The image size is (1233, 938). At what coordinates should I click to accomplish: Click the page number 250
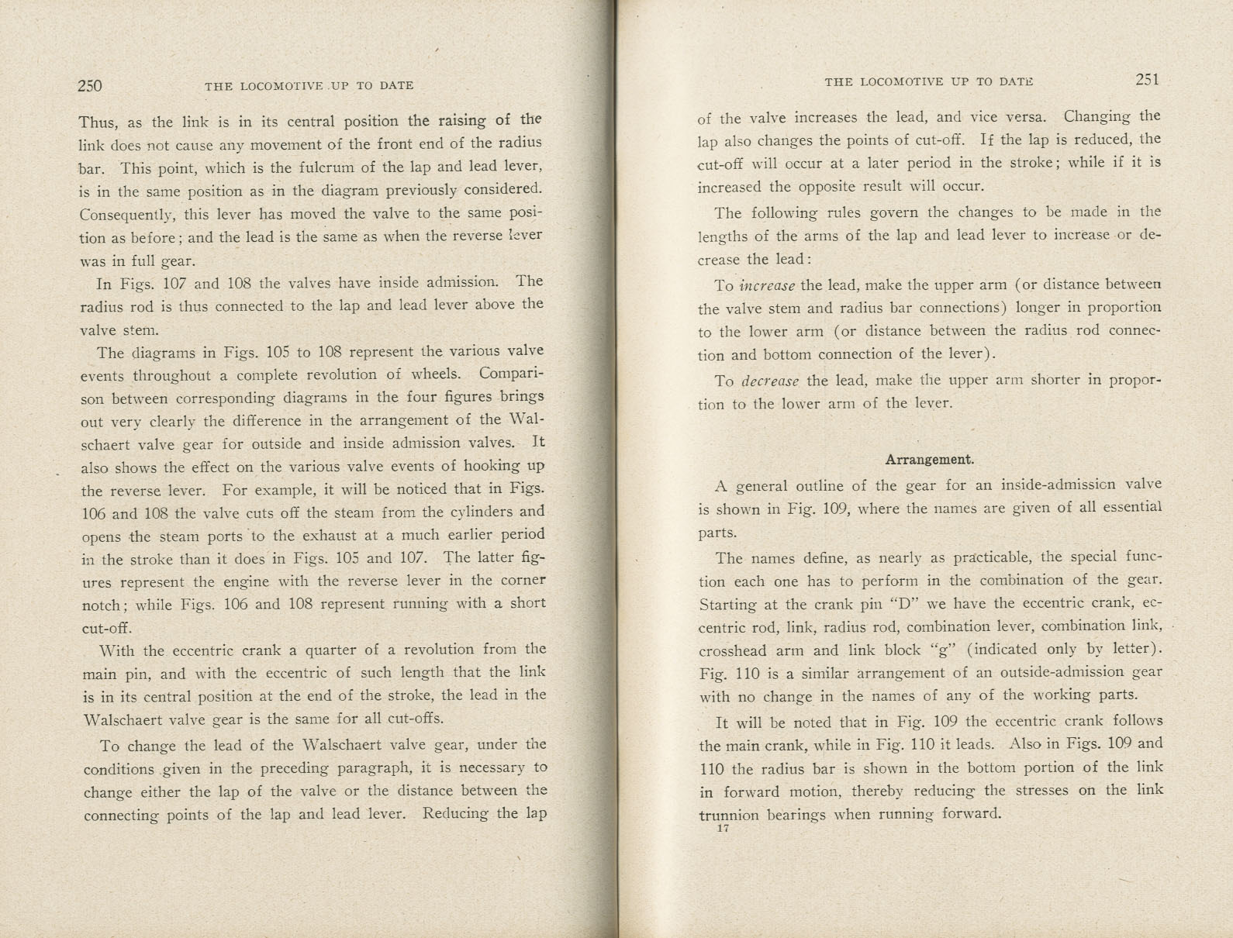click(90, 85)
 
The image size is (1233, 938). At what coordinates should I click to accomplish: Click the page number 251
click(1147, 79)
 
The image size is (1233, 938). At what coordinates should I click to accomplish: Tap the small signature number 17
click(724, 829)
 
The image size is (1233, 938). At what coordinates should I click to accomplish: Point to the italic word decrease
click(769, 381)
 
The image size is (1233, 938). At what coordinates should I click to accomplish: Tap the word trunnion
click(728, 815)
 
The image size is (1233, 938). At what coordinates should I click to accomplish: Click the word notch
click(102, 605)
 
